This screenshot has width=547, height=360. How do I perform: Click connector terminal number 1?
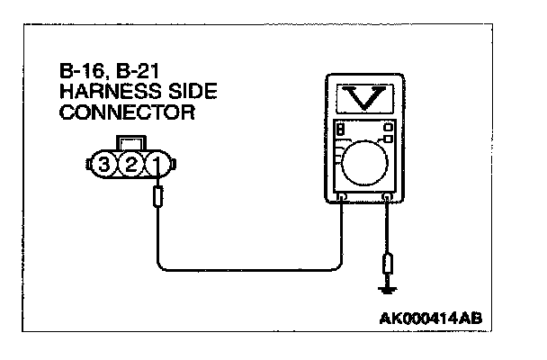tap(155, 164)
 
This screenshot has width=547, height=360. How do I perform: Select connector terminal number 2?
tap(131, 164)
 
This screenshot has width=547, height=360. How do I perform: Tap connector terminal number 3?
tap(107, 164)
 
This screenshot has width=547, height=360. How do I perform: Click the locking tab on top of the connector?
tap(131, 142)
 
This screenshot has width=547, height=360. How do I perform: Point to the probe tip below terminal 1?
tap(160, 197)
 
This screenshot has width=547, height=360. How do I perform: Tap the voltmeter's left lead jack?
tap(343, 196)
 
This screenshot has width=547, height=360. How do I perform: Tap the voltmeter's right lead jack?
tap(388, 196)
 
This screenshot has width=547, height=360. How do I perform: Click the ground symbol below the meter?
tap(388, 290)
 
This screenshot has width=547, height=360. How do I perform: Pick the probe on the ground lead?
tap(388, 265)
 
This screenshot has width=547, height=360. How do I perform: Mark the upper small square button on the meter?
tap(389, 128)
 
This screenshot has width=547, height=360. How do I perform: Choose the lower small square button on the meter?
tap(389, 139)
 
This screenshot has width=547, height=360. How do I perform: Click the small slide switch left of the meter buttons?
tap(342, 130)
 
